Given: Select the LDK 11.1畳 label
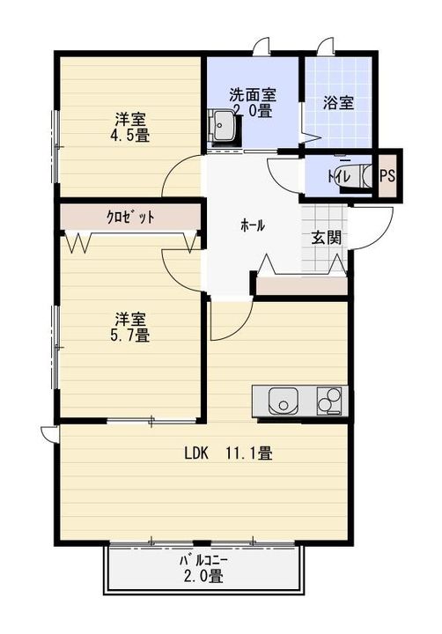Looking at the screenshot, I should (227, 454).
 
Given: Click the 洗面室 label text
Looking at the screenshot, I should (253, 94).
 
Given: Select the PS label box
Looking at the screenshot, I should (387, 174).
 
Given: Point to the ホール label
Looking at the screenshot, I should (252, 225).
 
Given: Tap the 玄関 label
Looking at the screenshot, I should (326, 238).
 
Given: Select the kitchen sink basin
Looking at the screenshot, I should (284, 402).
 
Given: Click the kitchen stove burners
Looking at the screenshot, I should (329, 401).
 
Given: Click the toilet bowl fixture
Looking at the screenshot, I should (365, 174).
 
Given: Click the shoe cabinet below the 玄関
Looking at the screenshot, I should (300, 284).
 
